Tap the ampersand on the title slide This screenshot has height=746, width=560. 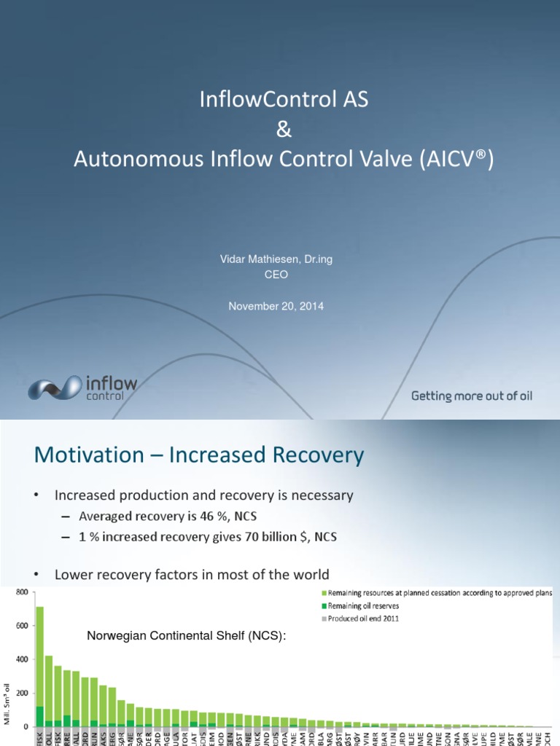284,130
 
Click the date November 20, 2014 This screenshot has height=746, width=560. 276,307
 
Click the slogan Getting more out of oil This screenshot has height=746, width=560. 472,396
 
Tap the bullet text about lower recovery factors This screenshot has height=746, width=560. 192,575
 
